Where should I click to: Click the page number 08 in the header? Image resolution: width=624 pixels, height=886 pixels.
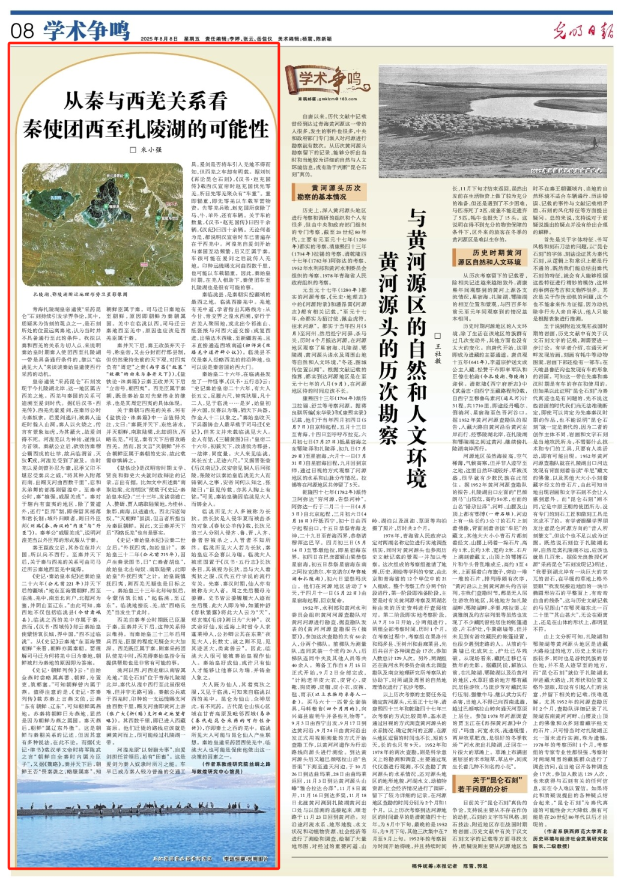coord(23,29)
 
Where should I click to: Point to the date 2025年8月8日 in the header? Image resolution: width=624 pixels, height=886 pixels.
coord(159,38)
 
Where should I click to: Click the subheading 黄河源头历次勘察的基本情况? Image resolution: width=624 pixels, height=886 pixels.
coord(329,192)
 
